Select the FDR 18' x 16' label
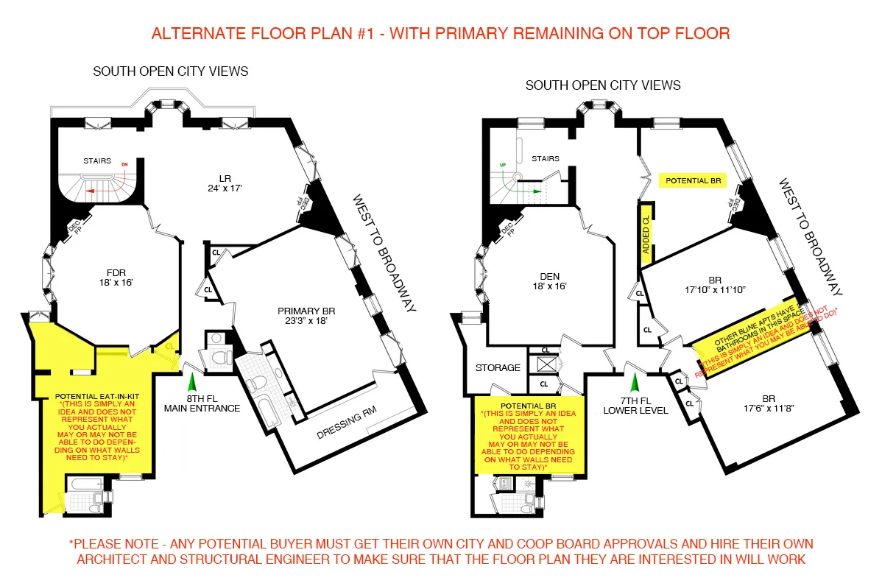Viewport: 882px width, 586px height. [112, 276]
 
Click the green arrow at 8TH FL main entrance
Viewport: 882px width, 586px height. [193, 381]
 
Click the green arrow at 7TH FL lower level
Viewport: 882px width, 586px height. [633, 382]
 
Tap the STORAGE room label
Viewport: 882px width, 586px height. [498, 367]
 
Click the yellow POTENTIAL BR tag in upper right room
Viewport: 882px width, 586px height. [693, 180]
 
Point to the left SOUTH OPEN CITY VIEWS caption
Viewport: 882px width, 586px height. [170, 71]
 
